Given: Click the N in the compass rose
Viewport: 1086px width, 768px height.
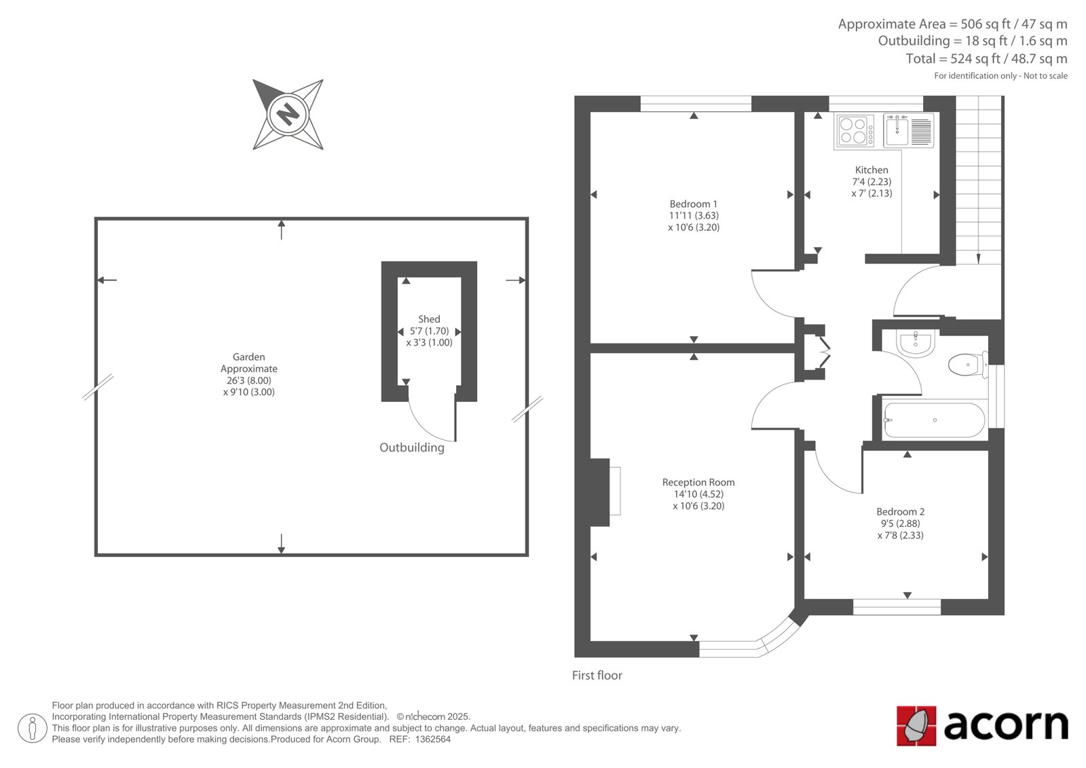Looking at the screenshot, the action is click(288, 115).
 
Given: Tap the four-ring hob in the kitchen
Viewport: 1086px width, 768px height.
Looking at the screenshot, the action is click(855, 131).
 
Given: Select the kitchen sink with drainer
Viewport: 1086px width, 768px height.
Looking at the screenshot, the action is click(909, 130).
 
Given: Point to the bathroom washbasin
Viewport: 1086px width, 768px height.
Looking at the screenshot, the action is click(916, 343).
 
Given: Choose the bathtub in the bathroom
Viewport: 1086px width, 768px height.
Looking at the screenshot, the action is click(934, 420).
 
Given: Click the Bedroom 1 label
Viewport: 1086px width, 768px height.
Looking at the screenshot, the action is click(693, 204).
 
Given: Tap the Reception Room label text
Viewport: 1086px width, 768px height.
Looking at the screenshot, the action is click(698, 482).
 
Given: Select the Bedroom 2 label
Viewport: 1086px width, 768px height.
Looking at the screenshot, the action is click(900, 512).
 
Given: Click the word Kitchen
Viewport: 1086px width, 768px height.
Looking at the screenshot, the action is click(872, 170).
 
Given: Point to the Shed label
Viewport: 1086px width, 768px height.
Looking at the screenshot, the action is click(429, 319).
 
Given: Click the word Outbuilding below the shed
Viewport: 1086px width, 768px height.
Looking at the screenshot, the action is click(411, 447).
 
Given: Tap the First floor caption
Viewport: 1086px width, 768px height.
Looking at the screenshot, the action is click(597, 676).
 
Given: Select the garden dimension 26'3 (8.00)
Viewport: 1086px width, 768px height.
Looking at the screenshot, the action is click(248, 380).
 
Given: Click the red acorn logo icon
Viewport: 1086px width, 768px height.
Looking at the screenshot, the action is click(916, 726).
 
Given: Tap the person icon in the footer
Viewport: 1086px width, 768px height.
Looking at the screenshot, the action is click(33, 728).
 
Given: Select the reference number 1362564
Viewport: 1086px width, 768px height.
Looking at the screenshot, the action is click(432, 739).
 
